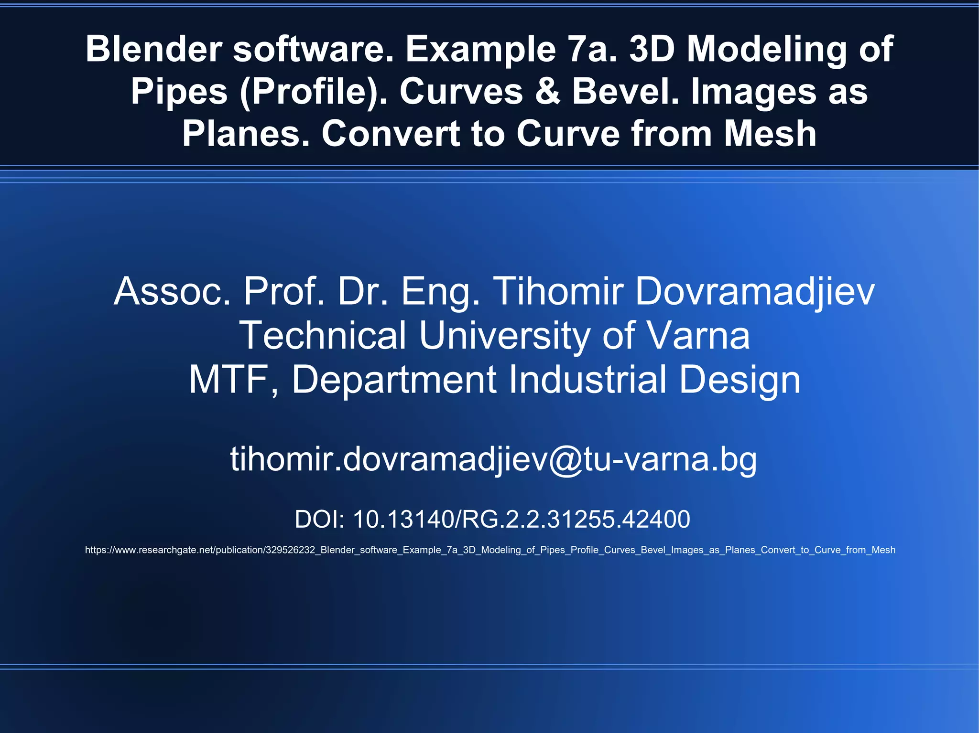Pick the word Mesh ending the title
point(770,134)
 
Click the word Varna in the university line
point(698,335)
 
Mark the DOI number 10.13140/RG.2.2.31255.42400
point(521,519)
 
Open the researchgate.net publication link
point(490,550)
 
